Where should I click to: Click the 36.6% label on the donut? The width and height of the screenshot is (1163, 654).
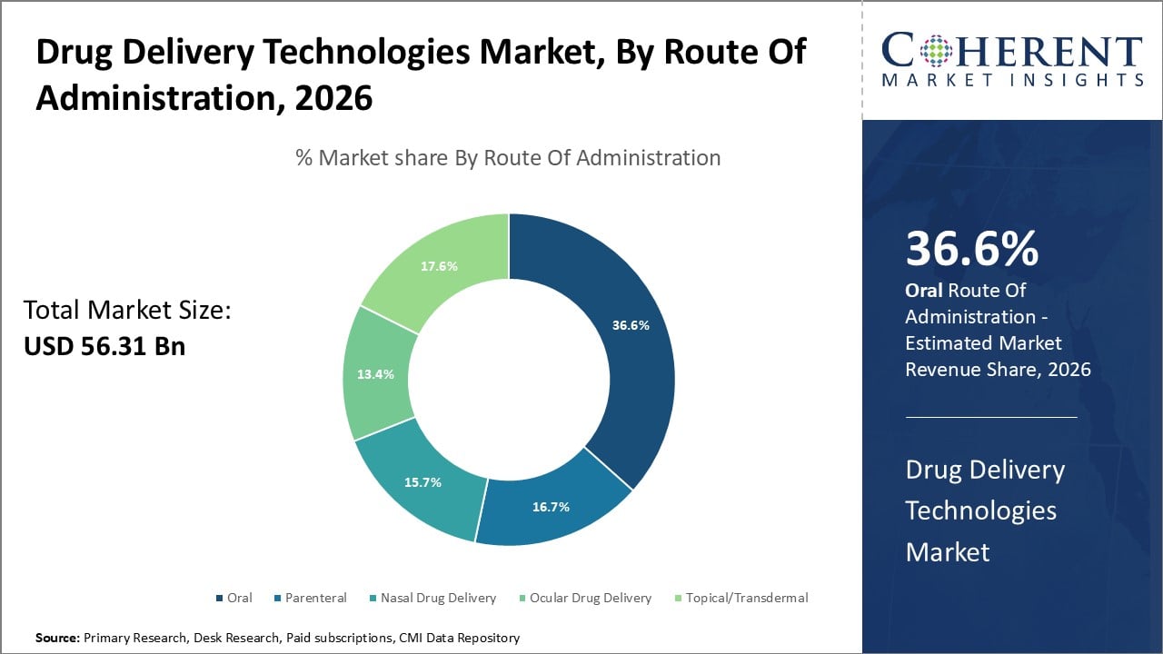pos(631,325)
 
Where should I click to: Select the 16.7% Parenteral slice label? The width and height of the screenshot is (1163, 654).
pos(551,507)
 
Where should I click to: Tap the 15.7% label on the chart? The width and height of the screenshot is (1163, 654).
pos(422,482)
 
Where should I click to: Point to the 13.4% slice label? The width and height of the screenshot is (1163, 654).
pos(375,374)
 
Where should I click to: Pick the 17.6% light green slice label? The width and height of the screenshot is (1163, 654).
pos(439,266)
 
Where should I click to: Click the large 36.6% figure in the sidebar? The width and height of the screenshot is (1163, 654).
pos(971,250)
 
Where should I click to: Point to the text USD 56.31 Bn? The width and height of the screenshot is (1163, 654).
pos(104,346)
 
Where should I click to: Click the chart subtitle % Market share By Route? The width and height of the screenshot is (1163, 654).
pos(508,158)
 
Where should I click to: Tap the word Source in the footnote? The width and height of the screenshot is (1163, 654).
pos(57,638)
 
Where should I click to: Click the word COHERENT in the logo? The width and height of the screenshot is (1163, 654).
pos(1011,51)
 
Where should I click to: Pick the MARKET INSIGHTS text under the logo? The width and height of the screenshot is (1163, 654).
pos(1011,80)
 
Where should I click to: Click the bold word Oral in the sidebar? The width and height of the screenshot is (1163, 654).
pos(923,291)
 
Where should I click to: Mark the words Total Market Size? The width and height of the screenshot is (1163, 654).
pos(127,311)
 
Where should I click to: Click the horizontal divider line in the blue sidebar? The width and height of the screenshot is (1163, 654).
pos(990,418)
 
